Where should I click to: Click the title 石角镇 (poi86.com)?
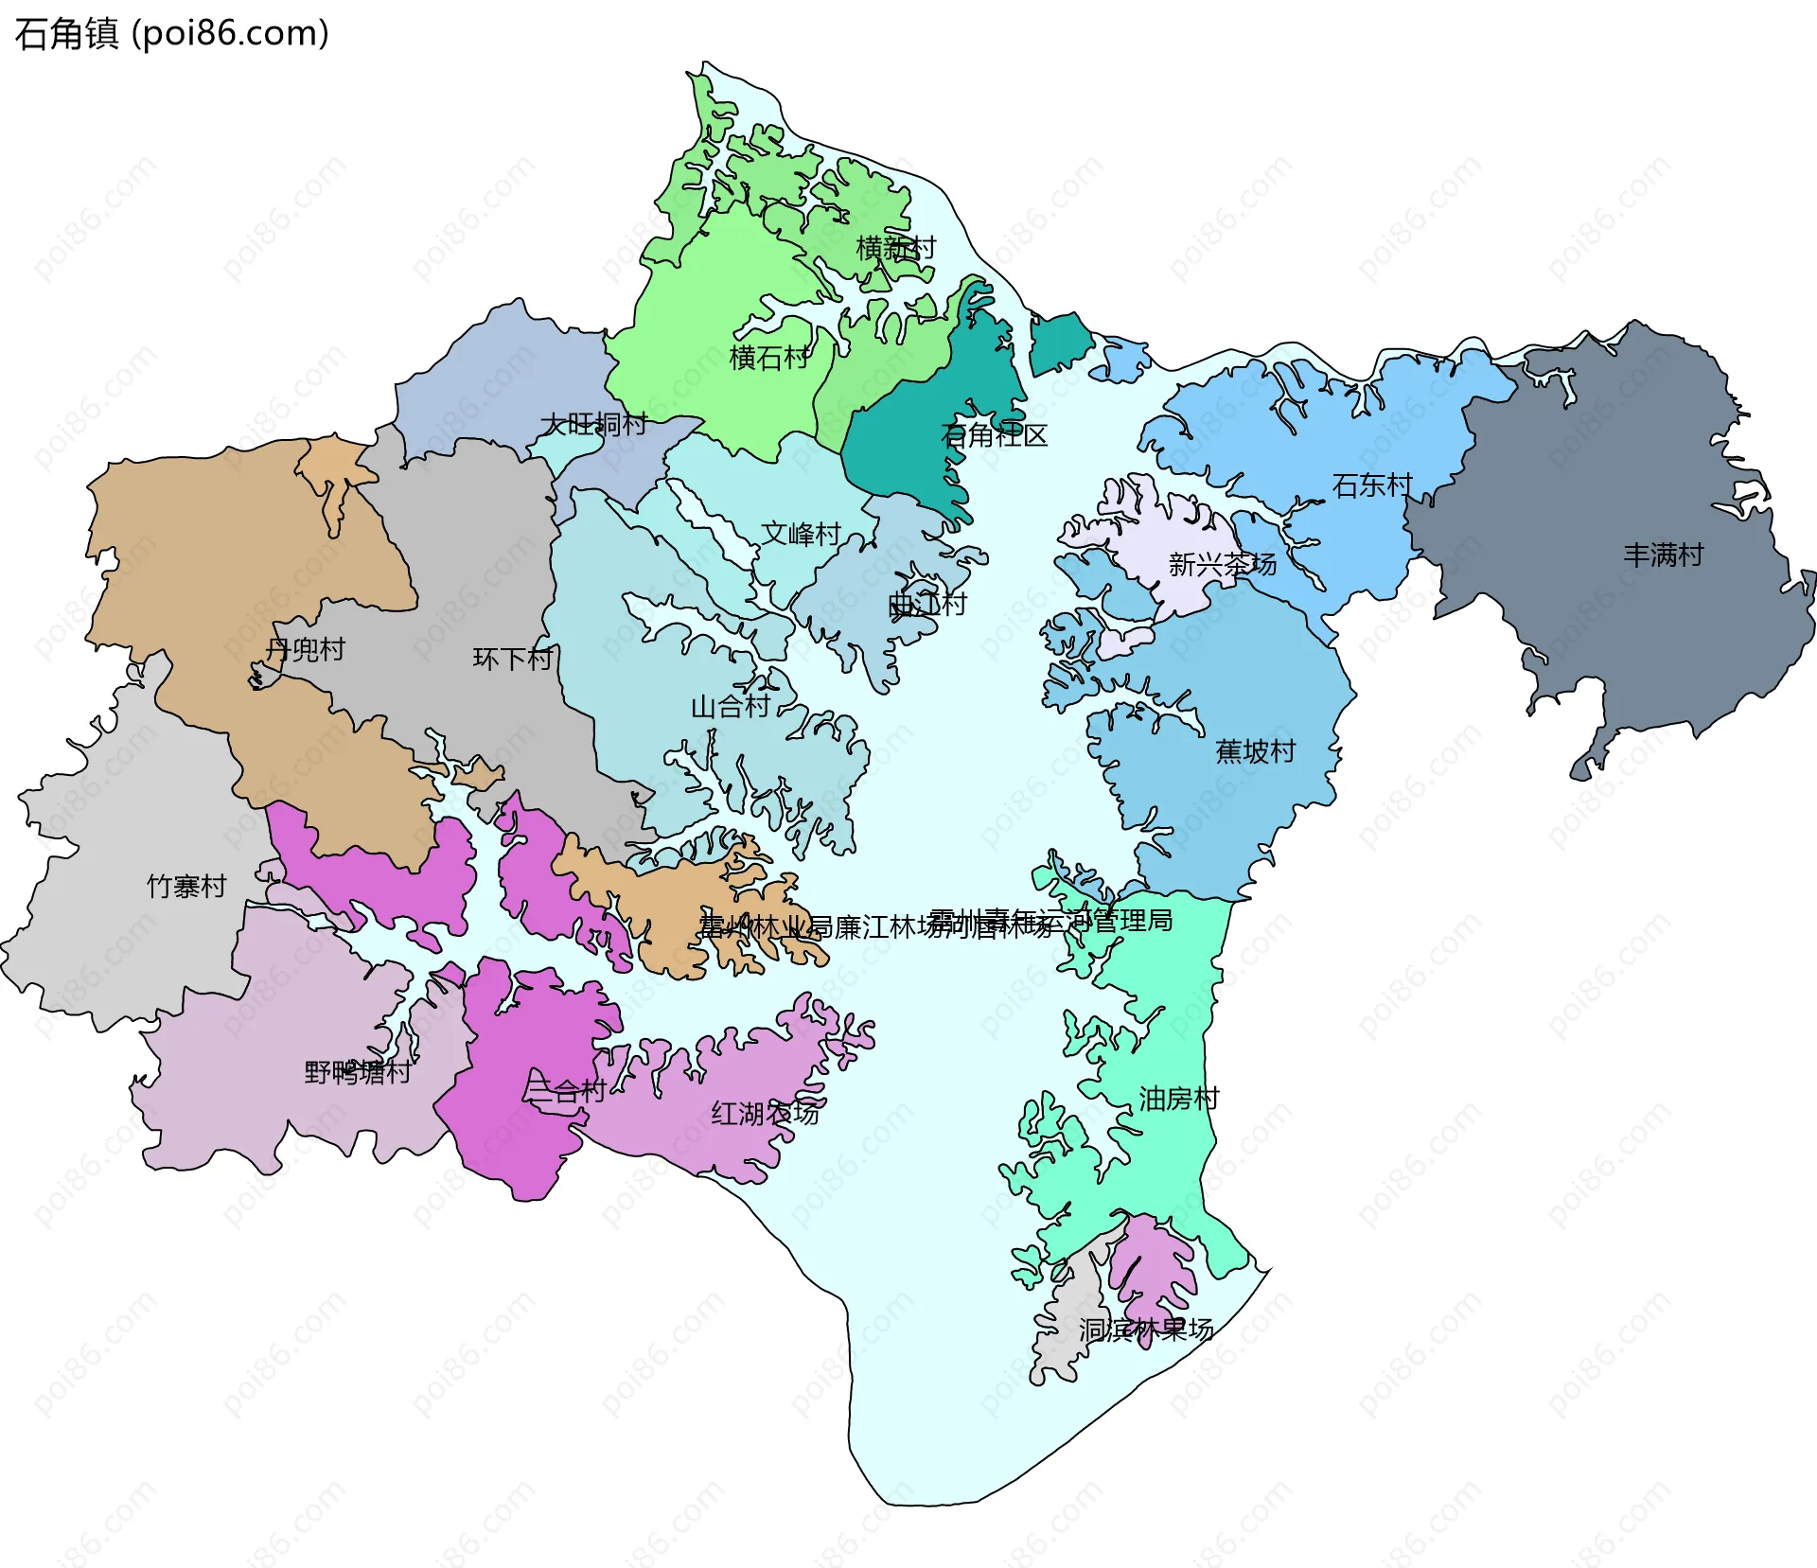[x=171, y=34]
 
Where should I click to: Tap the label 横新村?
[x=895, y=248]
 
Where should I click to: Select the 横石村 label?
[x=769, y=358]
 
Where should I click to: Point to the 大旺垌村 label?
[x=593, y=424]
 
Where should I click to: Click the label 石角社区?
[x=994, y=435]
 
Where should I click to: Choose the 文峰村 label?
[x=802, y=534]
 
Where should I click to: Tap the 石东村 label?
[x=1372, y=485]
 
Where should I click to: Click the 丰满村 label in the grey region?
[x=1663, y=555]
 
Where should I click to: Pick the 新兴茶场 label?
[x=1222, y=565]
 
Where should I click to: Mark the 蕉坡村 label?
[x=1255, y=751]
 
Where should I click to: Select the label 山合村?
[x=730, y=706]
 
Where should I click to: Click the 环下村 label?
[x=512, y=659]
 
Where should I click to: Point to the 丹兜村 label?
[x=305, y=649]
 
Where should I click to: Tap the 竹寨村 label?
[x=186, y=886]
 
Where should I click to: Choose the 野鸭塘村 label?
[x=357, y=1072]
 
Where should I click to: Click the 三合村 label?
[x=565, y=1091]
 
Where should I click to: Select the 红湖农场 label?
[x=765, y=1114]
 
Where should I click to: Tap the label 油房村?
[x=1178, y=1099]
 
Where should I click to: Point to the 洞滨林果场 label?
[x=1146, y=1330]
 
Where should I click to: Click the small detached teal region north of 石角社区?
[x=1058, y=343]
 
